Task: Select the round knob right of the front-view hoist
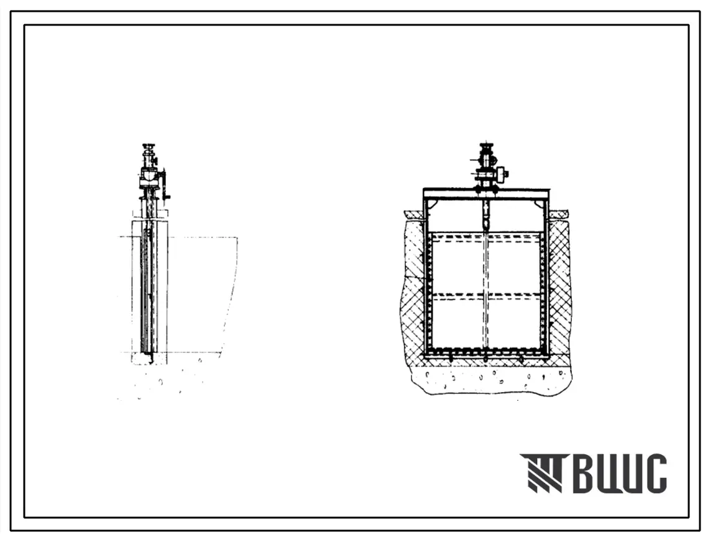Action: point(502,173)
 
